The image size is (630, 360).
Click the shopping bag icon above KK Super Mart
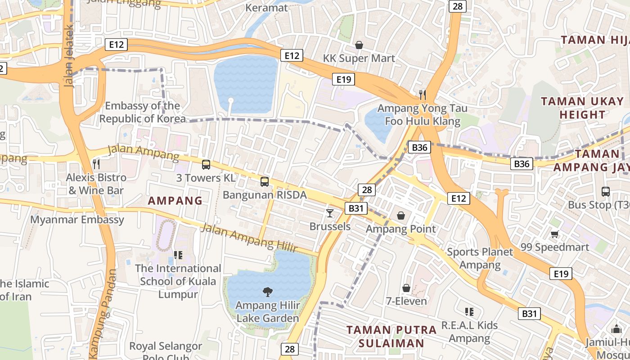point(359,45)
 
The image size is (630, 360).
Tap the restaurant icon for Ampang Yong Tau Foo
point(422,94)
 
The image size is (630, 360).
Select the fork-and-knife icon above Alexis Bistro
point(96,164)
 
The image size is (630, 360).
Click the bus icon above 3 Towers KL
point(206,165)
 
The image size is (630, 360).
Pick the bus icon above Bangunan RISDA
point(265,182)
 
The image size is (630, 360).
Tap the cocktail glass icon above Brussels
point(330,213)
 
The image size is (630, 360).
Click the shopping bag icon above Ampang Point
point(401,216)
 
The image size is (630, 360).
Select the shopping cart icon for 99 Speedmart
point(554,234)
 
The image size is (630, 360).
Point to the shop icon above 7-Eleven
point(406,288)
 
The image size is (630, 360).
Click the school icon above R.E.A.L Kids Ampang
point(469,311)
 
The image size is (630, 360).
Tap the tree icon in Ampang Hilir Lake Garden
point(267,292)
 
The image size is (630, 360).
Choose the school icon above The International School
point(178,255)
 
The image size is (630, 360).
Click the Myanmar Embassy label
point(77,220)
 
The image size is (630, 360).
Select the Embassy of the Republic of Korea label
point(142,112)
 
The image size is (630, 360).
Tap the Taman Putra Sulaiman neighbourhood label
point(391,336)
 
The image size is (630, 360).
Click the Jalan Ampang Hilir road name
point(249,238)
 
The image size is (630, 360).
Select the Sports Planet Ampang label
point(480,258)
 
